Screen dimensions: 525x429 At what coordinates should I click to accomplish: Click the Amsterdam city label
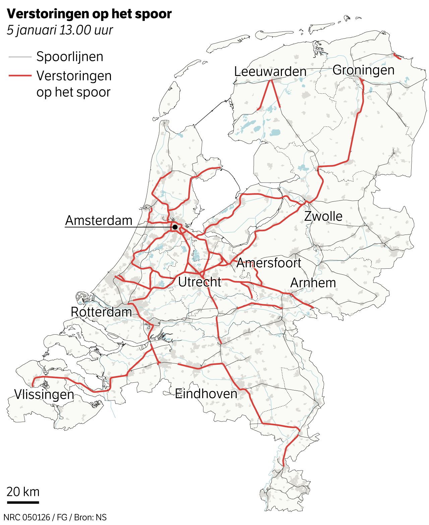(x=99, y=220)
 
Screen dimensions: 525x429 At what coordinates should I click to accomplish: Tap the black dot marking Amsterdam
(x=175, y=227)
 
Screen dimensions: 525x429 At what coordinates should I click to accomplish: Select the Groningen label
(x=363, y=70)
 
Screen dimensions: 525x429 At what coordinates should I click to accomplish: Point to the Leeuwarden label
(x=270, y=72)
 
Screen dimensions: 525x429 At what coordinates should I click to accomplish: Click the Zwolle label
(x=323, y=216)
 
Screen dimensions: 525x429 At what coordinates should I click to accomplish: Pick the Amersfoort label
(x=269, y=263)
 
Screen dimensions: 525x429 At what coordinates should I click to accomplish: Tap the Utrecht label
(x=199, y=282)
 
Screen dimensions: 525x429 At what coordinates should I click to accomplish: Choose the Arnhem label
(x=313, y=283)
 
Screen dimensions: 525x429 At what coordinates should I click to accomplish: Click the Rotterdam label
(x=101, y=312)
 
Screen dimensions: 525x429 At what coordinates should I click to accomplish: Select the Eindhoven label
(x=206, y=393)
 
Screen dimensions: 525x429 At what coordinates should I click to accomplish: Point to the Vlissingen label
(x=44, y=394)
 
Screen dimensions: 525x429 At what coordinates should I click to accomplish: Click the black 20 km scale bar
(x=23, y=502)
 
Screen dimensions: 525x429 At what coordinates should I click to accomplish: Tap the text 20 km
(x=23, y=492)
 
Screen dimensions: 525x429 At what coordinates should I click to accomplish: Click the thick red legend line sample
(x=20, y=76)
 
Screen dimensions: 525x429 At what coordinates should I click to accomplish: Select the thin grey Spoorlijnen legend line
(x=20, y=57)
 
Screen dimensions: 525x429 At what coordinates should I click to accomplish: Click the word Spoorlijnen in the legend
(x=70, y=57)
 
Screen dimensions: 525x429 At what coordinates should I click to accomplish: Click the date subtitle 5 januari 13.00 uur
(x=60, y=30)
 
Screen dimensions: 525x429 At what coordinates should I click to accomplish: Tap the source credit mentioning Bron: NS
(x=55, y=517)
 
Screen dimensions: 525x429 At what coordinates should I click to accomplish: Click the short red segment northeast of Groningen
(x=397, y=56)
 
